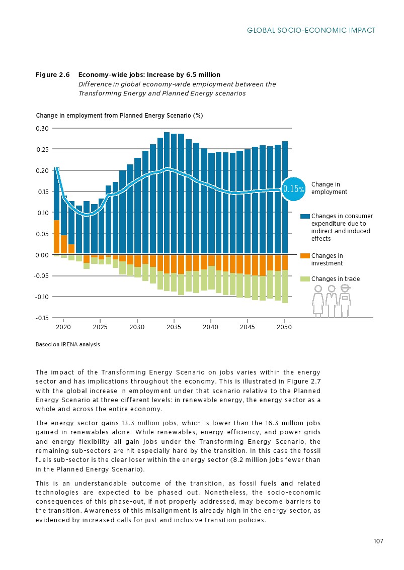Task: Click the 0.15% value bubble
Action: [x=293, y=189]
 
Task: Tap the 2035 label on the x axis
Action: [x=174, y=327]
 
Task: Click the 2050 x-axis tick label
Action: [x=284, y=327]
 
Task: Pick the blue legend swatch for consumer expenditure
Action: [x=305, y=216]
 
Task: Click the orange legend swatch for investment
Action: [x=305, y=256]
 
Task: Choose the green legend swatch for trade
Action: [x=305, y=279]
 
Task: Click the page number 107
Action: [x=378, y=541]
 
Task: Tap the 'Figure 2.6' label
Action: [x=52, y=75]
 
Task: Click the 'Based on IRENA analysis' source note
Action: [x=68, y=345]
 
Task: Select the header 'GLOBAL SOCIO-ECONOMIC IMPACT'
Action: [x=311, y=31]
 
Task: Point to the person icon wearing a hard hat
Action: [x=345, y=300]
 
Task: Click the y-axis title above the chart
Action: [x=119, y=116]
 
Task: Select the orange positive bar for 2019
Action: [x=56, y=237]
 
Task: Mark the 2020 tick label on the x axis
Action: [x=63, y=327]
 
